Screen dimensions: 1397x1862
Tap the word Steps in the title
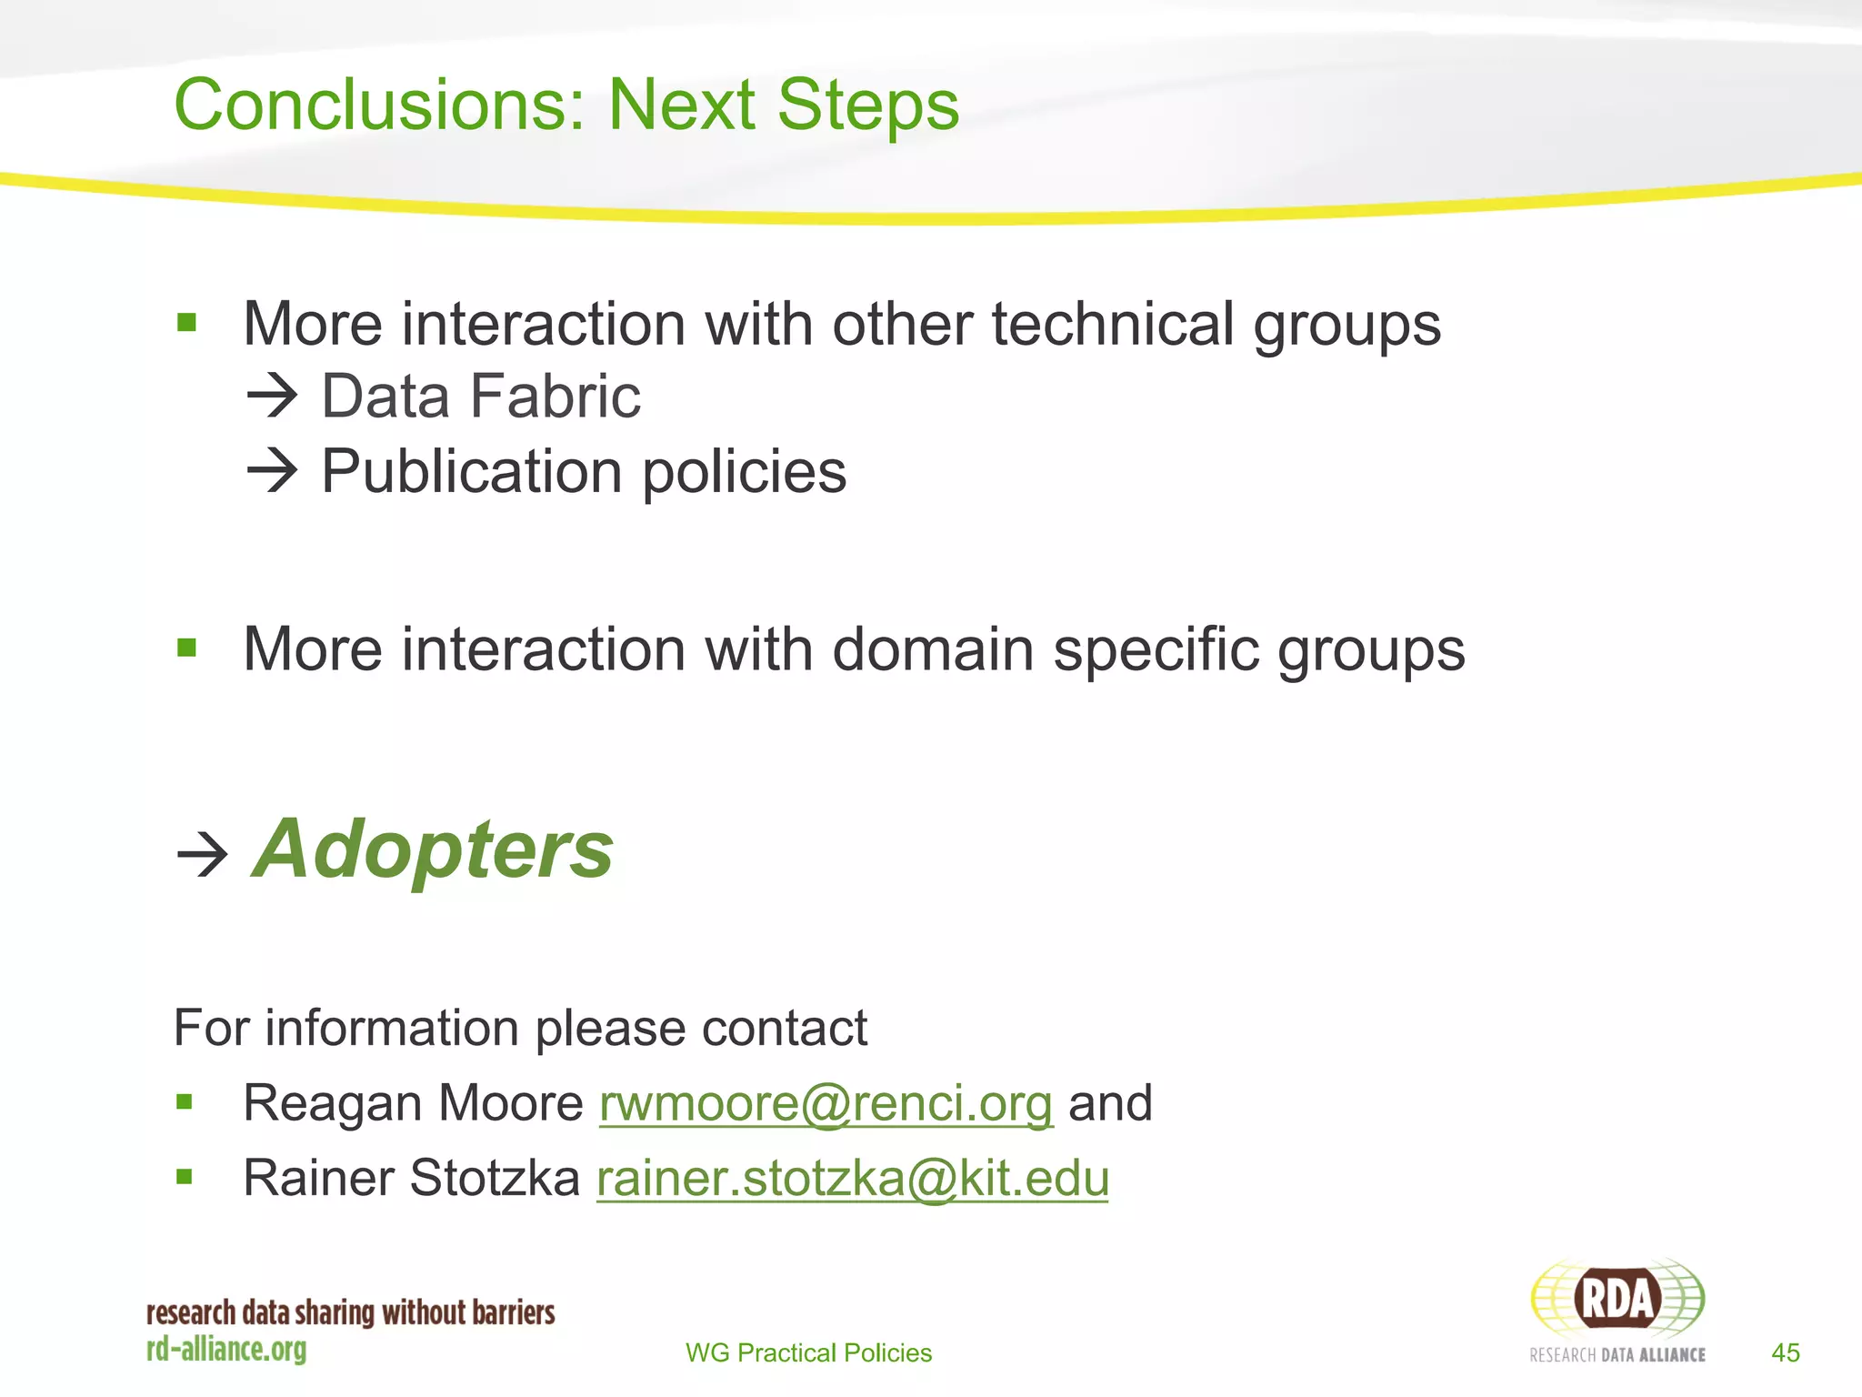click(x=868, y=105)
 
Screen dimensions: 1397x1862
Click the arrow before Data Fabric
click(x=272, y=397)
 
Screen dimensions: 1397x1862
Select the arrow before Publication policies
click(x=272, y=471)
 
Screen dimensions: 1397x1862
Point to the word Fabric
click(x=555, y=397)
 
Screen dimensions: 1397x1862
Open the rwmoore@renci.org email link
click(x=826, y=1103)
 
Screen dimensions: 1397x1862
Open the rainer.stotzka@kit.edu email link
click(x=852, y=1178)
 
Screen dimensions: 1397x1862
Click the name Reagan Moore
click(x=413, y=1103)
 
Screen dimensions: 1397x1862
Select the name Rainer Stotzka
click(x=411, y=1178)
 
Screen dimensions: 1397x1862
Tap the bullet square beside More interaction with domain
click(x=187, y=648)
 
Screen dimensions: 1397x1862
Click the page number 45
click(x=1785, y=1352)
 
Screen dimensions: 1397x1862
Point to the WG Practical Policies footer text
click(x=808, y=1352)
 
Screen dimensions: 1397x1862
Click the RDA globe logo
click(x=1617, y=1299)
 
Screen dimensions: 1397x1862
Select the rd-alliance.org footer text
click(x=226, y=1349)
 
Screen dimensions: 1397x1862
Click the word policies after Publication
click(x=745, y=471)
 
